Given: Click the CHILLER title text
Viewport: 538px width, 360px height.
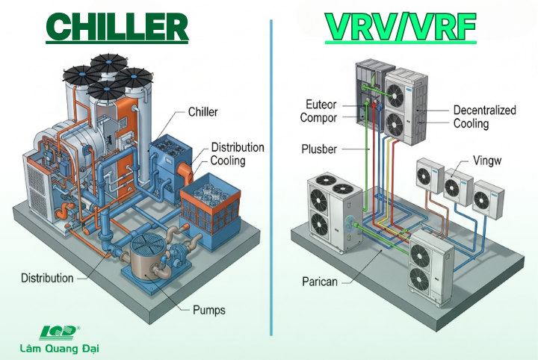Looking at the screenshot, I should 118,27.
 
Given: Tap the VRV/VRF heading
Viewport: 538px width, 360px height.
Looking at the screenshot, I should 401,27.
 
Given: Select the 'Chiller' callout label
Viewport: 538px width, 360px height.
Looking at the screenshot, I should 203,112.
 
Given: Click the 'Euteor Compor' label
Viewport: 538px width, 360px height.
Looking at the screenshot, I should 319,111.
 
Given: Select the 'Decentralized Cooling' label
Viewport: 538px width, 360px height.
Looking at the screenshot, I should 484,117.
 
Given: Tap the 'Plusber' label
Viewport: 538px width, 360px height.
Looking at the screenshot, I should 319,149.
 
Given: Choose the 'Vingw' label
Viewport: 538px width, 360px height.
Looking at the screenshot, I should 489,160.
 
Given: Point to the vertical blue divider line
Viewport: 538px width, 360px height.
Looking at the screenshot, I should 271,179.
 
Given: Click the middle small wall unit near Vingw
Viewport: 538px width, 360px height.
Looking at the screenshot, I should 457,183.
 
